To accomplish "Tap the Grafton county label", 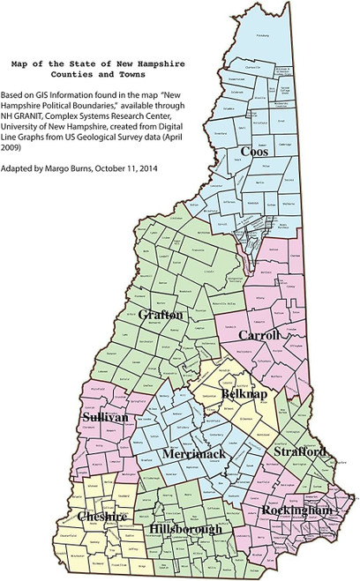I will [161, 314].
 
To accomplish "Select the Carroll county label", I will [259, 336].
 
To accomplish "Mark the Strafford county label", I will [300, 451].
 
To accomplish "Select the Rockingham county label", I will [296, 510].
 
